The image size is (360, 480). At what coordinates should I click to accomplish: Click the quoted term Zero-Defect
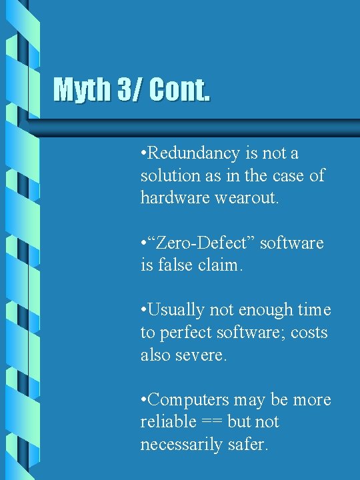pyautogui.click(x=203, y=243)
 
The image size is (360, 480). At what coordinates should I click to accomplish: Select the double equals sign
pyautogui.click(x=211, y=422)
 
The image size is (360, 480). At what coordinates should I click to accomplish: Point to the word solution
pyautogui.click(x=167, y=176)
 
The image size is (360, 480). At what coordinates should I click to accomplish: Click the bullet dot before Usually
pyautogui.click(x=143, y=311)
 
